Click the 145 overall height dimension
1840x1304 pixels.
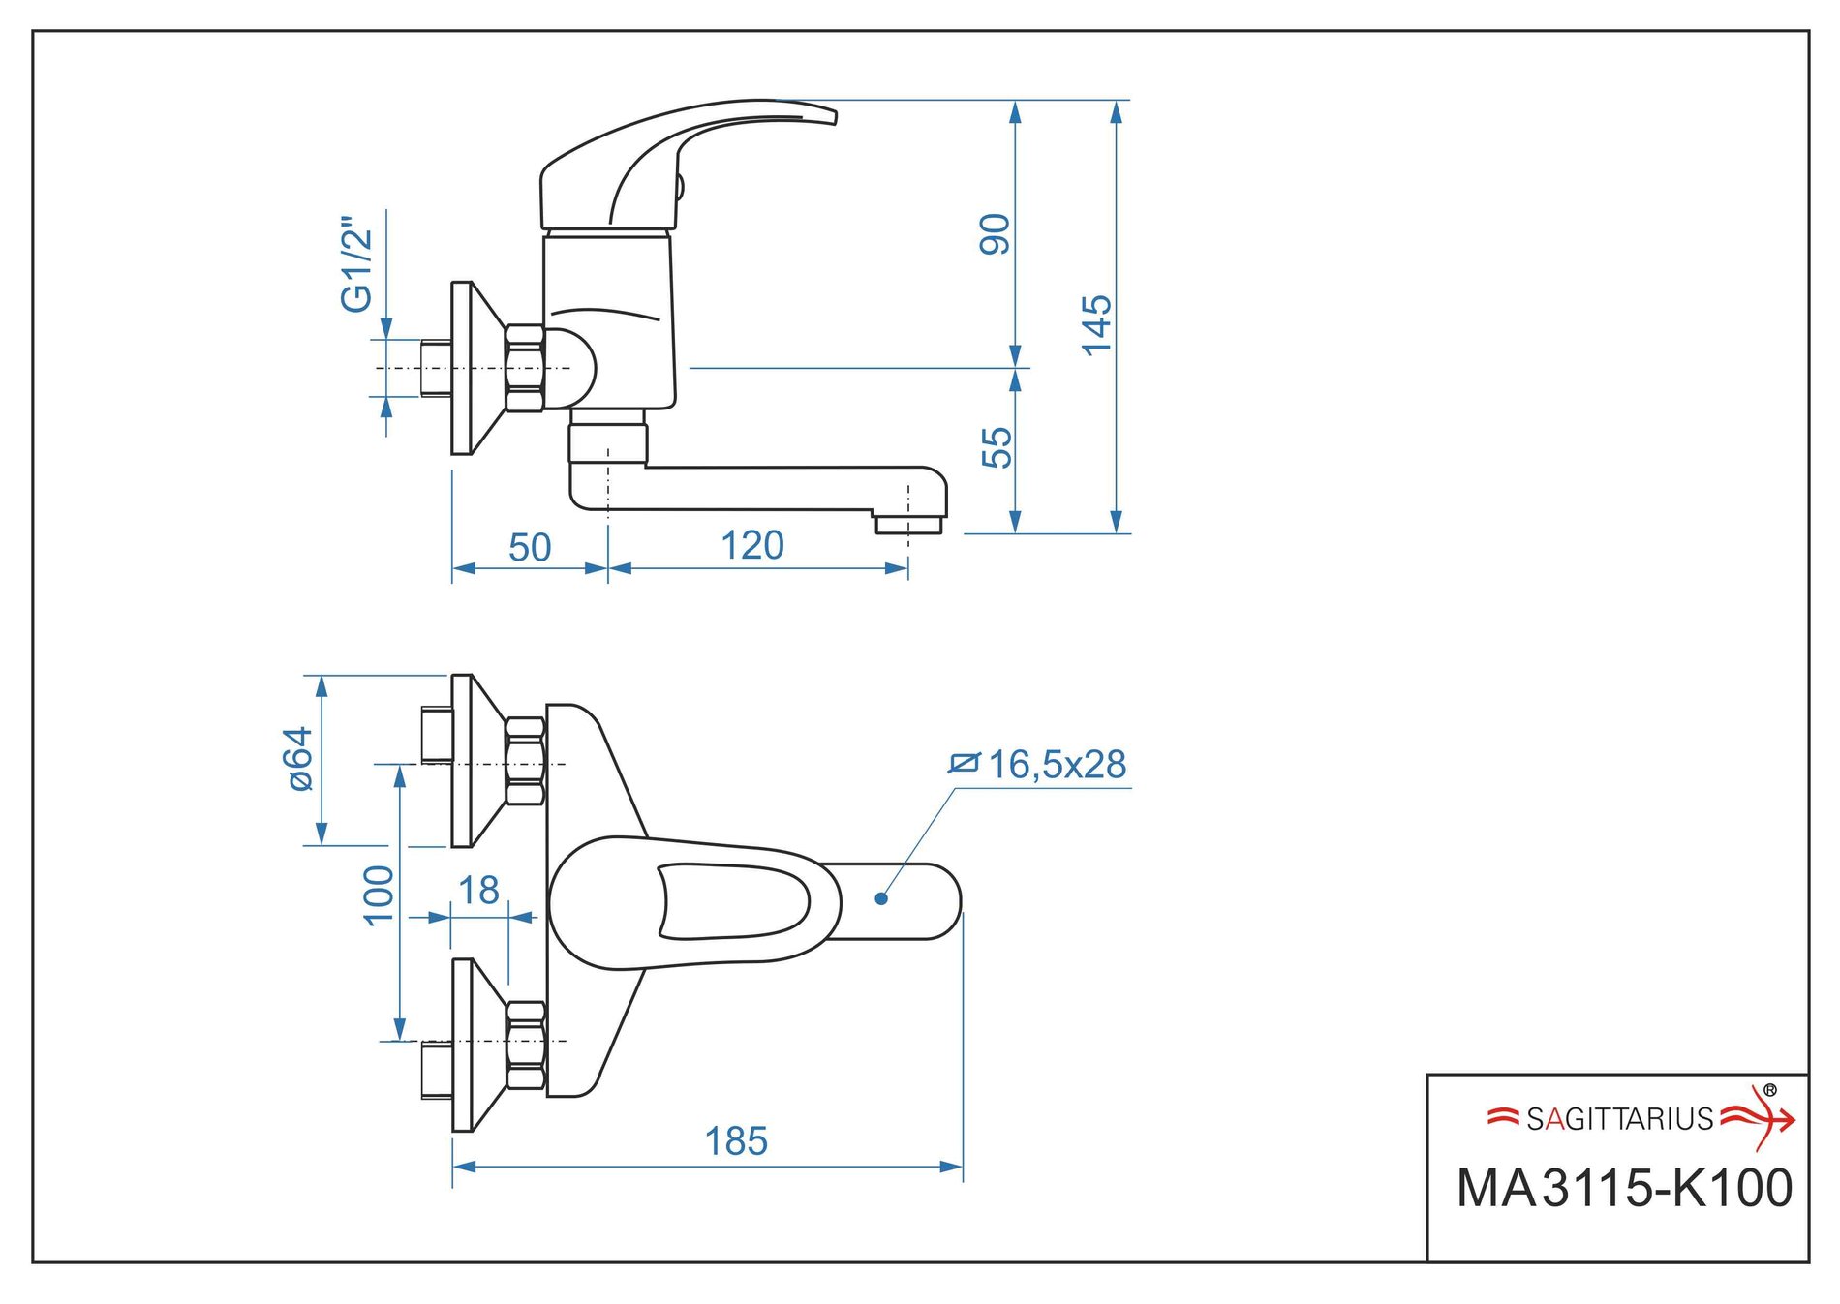[1096, 325]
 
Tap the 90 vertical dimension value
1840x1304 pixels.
[996, 234]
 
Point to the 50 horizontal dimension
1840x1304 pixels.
[530, 548]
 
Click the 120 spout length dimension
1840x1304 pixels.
[752, 546]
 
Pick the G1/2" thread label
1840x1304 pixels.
[356, 264]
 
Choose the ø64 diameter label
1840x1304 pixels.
[301, 759]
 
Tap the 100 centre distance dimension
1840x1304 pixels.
[379, 895]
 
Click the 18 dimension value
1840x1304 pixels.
[478, 891]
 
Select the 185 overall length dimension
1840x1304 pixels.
[736, 1141]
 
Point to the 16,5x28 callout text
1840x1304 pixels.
[1056, 765]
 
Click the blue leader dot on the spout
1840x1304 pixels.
[881, 898]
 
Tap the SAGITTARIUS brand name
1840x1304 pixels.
[1619, 1120]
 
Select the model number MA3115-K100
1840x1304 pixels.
[1624, 1189]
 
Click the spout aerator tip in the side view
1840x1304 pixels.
[908, 524]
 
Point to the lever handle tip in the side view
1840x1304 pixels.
[823, 113]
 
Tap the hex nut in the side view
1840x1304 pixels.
[525, 369]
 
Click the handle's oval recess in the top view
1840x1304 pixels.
[733, 901]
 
